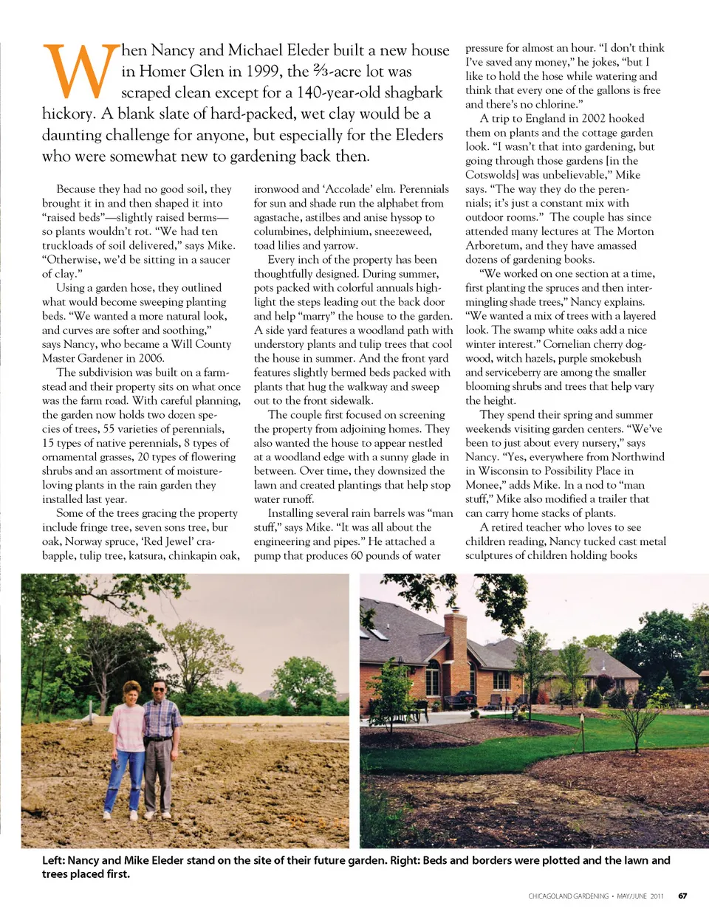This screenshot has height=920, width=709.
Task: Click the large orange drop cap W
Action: pos(81,72)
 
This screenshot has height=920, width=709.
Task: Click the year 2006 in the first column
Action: pos(151,358)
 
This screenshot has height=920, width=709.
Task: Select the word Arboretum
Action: pos(494,246)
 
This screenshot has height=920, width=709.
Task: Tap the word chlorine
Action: pos(555,104)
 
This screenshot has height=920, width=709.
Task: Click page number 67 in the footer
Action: pos(682,896)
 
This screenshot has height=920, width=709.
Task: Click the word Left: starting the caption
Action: pos(55,860)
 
